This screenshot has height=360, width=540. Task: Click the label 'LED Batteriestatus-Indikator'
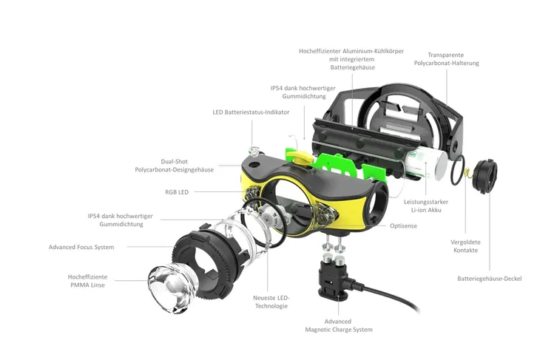[251, 112]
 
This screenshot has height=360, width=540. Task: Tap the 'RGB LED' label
[177, 192]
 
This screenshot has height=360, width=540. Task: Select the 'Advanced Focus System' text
[81, 247]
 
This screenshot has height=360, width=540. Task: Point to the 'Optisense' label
[403, 226]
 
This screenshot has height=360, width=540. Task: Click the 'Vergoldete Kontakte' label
[465, 246]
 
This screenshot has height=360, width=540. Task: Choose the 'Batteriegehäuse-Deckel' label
[490, 279]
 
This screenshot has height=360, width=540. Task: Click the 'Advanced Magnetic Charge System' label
[339, 325]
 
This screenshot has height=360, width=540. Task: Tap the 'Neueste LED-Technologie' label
[271, 302]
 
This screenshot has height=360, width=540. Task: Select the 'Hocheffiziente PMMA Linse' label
[87, 281]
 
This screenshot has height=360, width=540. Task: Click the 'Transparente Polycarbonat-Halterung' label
[446, 59]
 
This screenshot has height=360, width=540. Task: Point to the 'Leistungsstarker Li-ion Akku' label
[426, 206]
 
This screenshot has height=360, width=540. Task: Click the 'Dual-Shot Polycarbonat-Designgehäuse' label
[175, 166]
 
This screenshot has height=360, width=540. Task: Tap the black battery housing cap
[485, 176]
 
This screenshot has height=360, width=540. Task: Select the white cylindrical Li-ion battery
[426, 165]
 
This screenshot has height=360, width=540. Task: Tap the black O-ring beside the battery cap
[458, 170]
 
